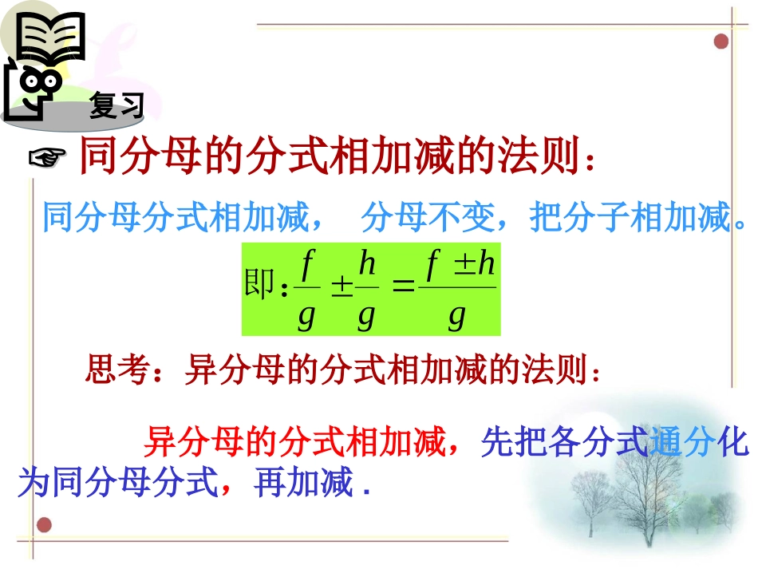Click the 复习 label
click(x=116, y=105)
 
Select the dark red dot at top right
click(x=721, y=41)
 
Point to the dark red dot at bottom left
click(x=45, y=524)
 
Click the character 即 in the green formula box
click(x=260, y=286)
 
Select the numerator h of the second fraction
click(x=367, y=263)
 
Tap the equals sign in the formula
click(x=405, y=286)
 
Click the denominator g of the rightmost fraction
click(x=456, y=317)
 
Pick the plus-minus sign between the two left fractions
click(x=341, y=287)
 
